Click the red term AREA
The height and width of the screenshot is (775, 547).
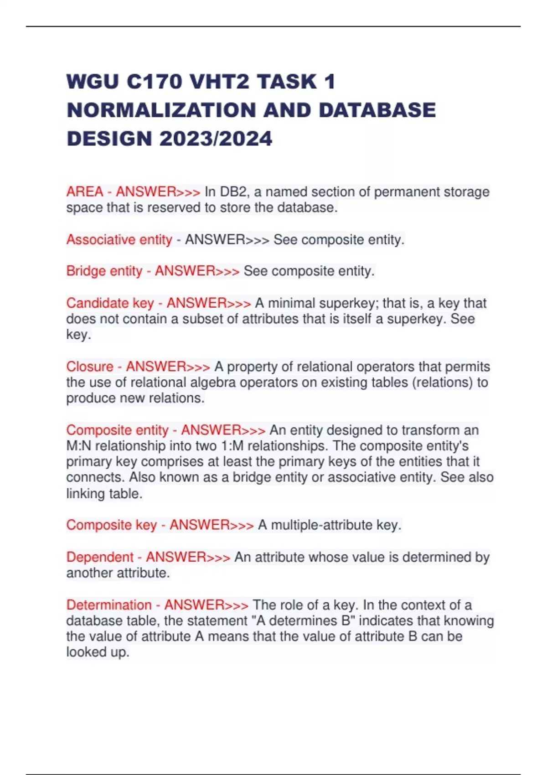tap(85, 191)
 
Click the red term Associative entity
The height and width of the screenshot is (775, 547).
tap(119, 239)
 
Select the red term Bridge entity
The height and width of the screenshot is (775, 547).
tap(104, 271)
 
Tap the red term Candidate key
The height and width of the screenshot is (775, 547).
tap(110, 303)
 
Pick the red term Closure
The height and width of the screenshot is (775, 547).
tap(90, 367)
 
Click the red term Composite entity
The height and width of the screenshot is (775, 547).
tap(117, 430)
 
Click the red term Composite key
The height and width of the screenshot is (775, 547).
tap(111, 525)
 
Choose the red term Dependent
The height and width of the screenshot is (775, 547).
tap(100, 557)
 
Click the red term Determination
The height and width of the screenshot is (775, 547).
tap(108, 605)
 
